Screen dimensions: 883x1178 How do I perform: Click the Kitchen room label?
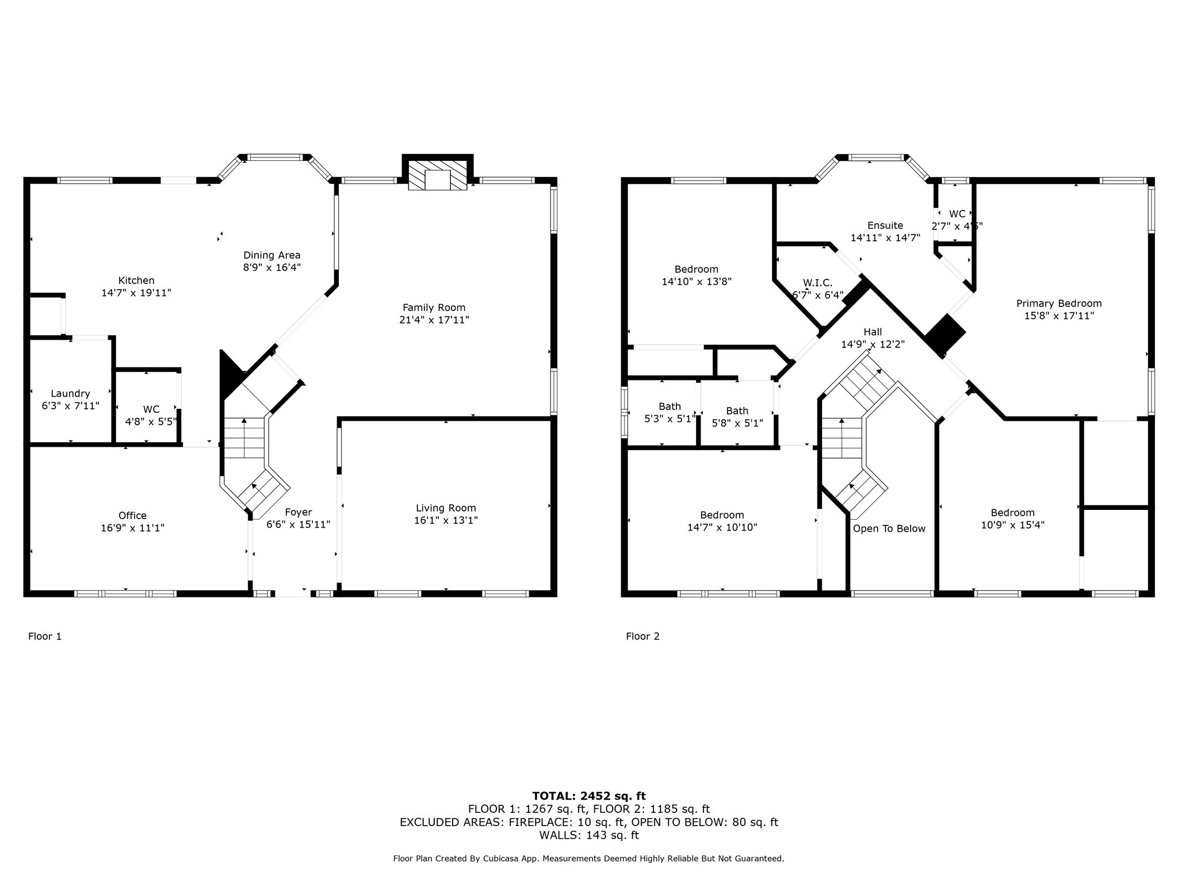(x=136, y=281)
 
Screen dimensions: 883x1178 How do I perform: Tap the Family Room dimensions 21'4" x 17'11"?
(x=434, y=320)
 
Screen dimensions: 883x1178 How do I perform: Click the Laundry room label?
(x=70, y=394)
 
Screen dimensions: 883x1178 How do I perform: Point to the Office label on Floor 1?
(x=132, y=516)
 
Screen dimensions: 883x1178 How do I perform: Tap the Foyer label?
(x=298, y=512)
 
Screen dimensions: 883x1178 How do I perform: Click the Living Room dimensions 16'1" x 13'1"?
(x=446, y=521)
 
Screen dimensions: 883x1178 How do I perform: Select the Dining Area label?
(x=271, y=255)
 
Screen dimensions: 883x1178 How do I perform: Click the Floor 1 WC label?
(x=151, y=409)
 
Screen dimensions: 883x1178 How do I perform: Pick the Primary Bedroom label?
(x=1059, y=304)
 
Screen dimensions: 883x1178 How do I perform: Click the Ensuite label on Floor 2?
(x=885, y=225)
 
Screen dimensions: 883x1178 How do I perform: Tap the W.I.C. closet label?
(x=817, y=283)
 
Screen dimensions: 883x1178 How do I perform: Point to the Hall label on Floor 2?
(x=873, y=332)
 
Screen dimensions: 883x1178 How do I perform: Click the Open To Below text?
(x=889, y=529)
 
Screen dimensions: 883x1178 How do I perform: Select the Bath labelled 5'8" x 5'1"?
(x=737, y=411)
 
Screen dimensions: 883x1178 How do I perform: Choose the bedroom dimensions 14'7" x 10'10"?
(x=722, y=528)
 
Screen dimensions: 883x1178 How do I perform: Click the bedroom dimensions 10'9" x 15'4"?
(x=1013, y=525)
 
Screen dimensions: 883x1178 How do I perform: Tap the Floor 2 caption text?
(x=642, y=636)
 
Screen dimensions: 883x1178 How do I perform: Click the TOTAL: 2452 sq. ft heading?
(x=589, y=796)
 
